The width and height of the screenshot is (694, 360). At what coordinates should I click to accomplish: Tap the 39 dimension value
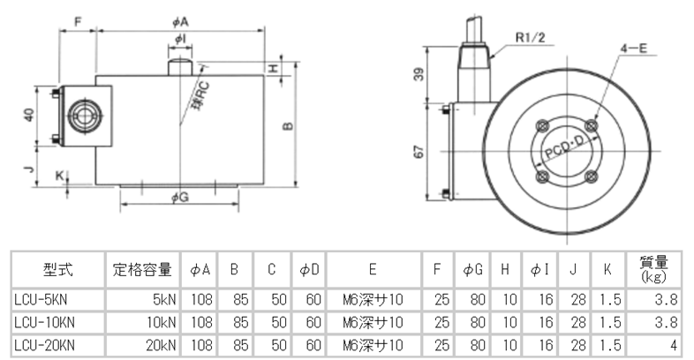click(x=419, y=75)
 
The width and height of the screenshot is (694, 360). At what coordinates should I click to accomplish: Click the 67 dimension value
click(x=419, y=151)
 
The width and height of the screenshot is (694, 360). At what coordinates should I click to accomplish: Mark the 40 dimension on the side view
click(x=29, y=116)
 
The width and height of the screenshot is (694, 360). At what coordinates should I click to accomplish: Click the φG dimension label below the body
click(x=179, y=197)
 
